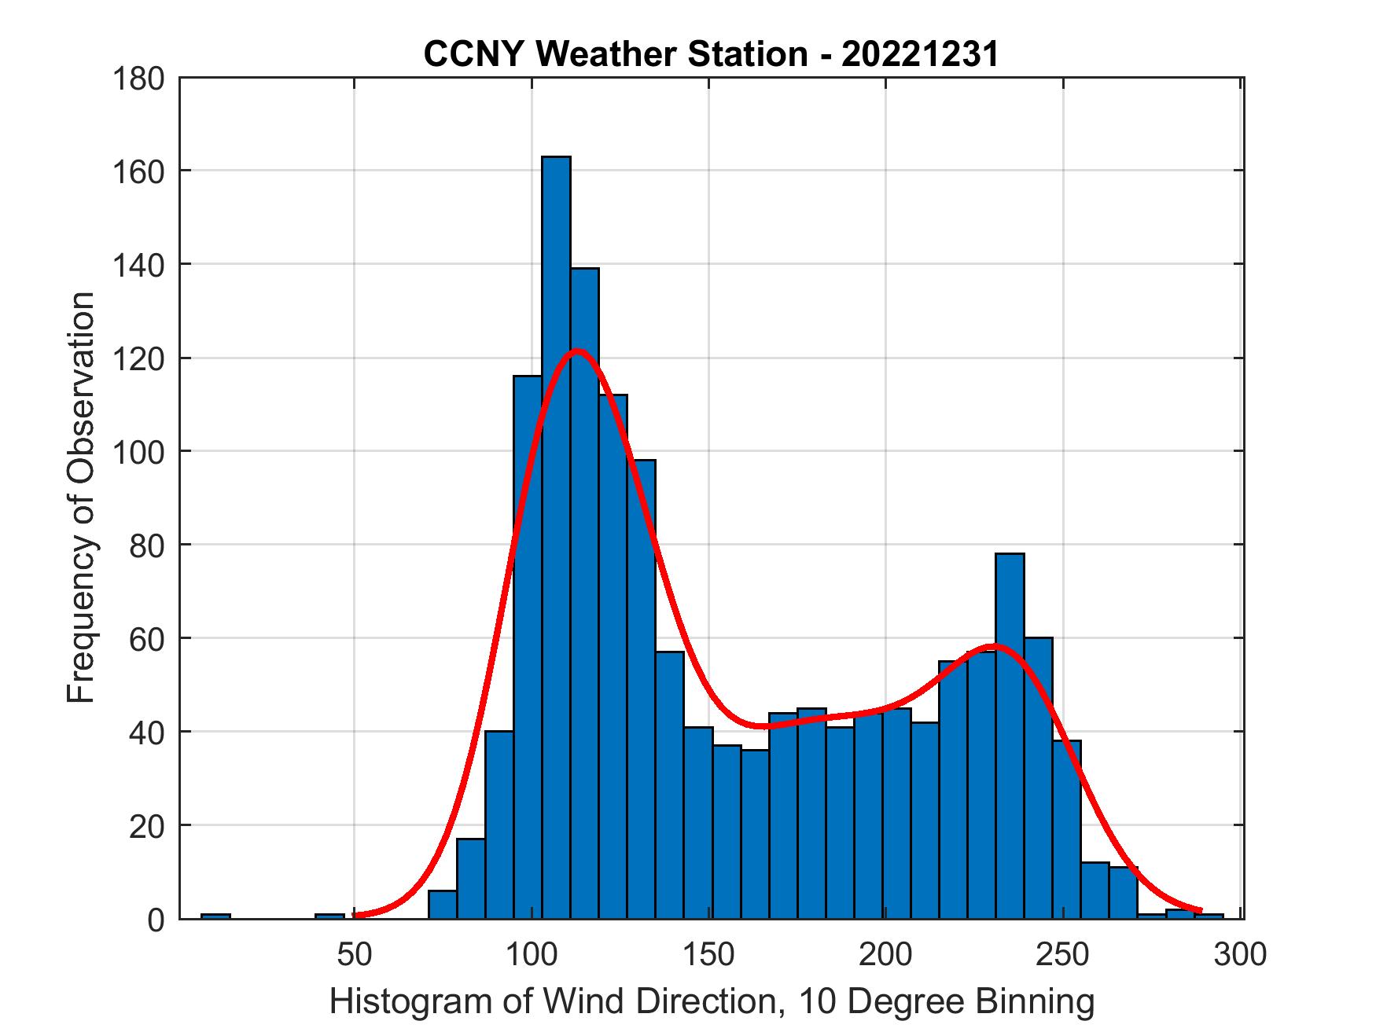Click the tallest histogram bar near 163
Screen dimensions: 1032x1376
click(x=556, y=534)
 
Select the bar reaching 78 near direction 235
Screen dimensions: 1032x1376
click(x=1010, y=735)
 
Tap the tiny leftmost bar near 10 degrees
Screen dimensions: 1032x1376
click(x=215, y=916)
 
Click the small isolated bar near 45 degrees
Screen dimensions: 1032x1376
click(x=329, y=916)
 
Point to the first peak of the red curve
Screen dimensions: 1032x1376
click(x=576, y=351)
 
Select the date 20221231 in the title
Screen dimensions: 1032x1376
click(x=920, y=55)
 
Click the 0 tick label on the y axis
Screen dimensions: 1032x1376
click(x=156, y=919)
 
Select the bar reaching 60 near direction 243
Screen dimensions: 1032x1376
click(x=1038, y=778)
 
